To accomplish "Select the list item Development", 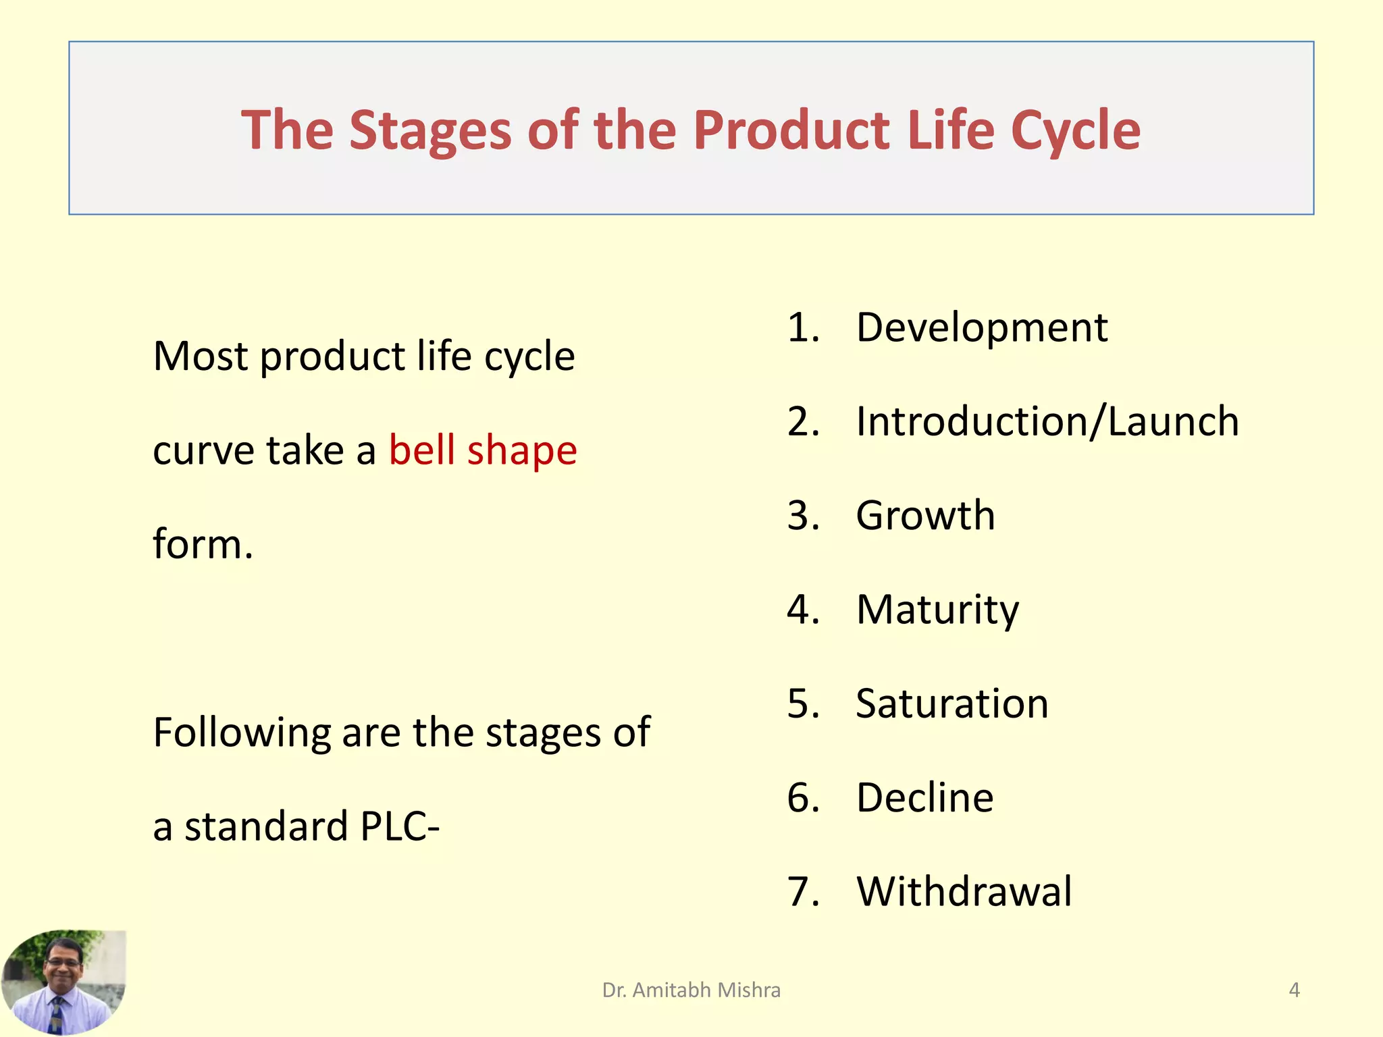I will [981, 328].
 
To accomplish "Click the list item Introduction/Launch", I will [1047, 422].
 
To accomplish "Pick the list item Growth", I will [925, 516].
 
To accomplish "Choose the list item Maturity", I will [937, 610].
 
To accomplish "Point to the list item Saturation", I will [952, 703].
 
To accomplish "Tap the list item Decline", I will [924, 797].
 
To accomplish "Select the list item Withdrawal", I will [964, 891].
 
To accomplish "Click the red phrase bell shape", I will [483, 450].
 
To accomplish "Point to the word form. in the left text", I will [203, 544].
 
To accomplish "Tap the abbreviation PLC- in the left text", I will [400, 826].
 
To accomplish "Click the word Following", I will [242, 733].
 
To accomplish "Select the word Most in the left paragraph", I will [200, 356].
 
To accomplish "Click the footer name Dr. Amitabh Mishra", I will [691, 990].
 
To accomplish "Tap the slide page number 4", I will [1294, 990].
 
